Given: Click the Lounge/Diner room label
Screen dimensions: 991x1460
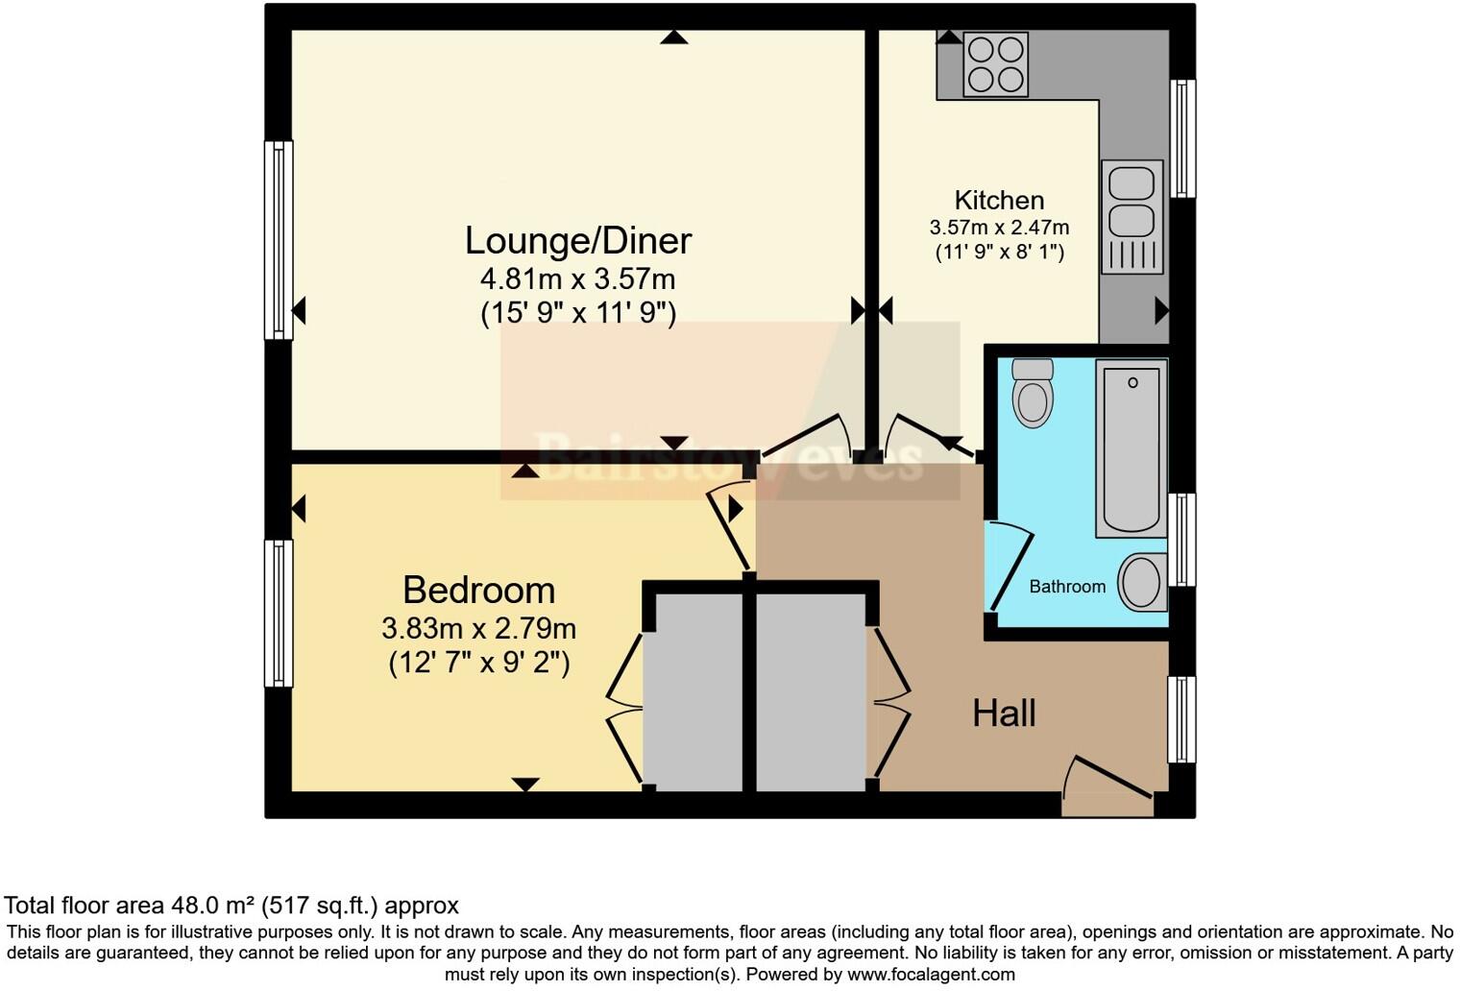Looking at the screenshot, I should [x=577, y=240].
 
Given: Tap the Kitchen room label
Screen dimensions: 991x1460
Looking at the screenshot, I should [x=999, y=200].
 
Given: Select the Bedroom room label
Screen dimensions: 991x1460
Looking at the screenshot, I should [x=478, y=590].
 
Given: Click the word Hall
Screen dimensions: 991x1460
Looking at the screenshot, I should [x=1004, y=713].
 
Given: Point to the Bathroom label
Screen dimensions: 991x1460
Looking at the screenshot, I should [x=1067, y=587].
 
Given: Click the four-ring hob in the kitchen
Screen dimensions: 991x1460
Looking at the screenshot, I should [x=995, y=64].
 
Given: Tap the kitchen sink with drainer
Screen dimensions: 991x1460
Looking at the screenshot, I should [x=1132, y=217].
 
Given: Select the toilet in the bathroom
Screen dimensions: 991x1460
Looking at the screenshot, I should [x=1033, y=393].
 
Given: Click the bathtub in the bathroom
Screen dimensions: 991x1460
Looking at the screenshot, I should [x=1131, y=447].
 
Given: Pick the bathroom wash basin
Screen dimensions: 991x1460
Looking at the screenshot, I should [x=1142, y=582].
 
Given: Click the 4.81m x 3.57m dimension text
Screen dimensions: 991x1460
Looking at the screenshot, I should [x=577, y=279].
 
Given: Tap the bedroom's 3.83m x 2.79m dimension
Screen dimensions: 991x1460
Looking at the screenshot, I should [x=478, y=629].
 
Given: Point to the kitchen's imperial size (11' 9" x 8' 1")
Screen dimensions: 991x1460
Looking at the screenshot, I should [x=999, y=253].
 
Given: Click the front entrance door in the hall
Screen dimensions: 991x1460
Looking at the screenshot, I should [x=1107, y=779].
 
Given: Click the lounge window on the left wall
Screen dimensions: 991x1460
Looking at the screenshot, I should [x=279, y=240].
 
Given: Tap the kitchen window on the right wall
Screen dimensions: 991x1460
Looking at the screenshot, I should [x=1182, y=138].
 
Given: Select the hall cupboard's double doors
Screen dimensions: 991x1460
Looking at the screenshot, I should [x=888, y=703].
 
